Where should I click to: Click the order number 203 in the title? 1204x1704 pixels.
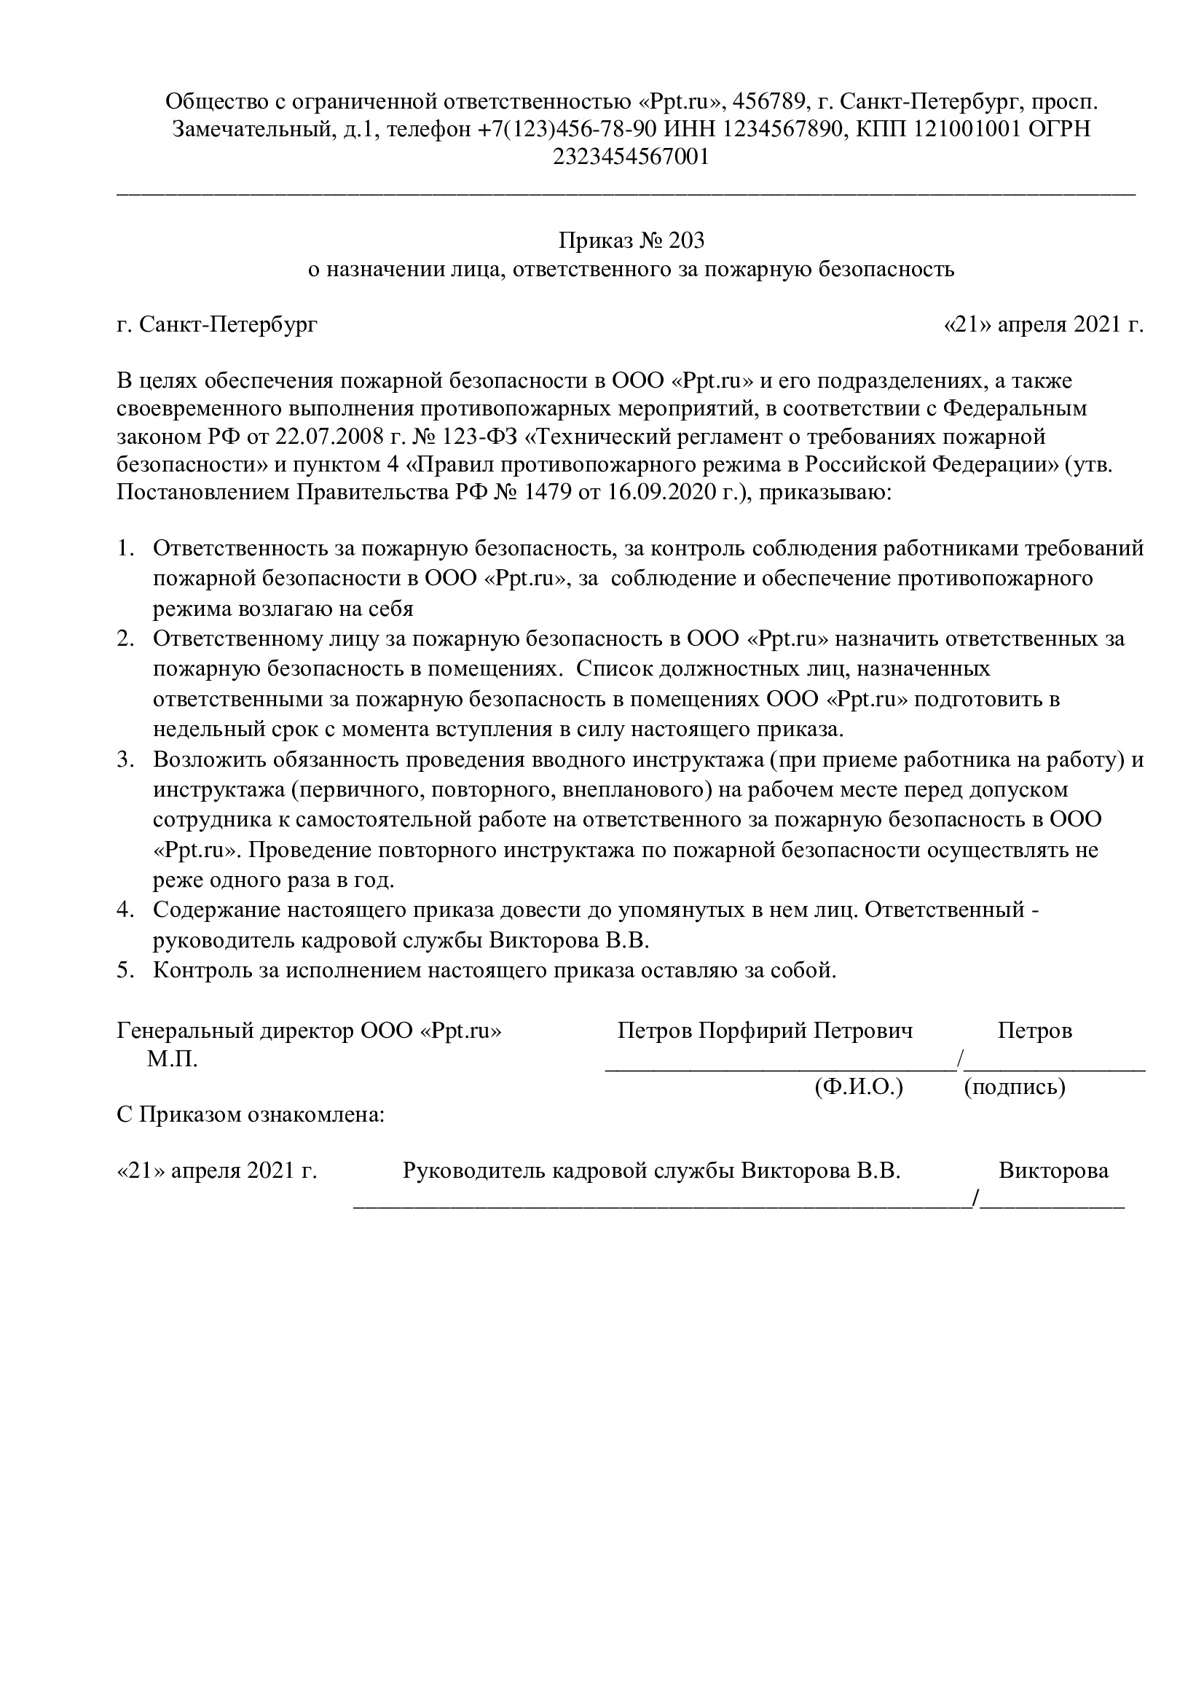[685, 241]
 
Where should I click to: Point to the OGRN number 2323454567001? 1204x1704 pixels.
[631, 157]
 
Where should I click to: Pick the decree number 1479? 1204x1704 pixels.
[549, 492]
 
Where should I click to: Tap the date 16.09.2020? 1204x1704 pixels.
[661, 492]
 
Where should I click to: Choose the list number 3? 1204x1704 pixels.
[125, 760]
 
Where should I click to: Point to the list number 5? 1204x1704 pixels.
[125, 970]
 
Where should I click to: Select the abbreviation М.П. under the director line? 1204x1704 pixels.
[172, 1059]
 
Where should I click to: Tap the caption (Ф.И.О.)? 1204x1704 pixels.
[858, 1087]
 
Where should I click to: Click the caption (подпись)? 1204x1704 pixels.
[1014, 1087]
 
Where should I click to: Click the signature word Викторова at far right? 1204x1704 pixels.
[1053, 1170]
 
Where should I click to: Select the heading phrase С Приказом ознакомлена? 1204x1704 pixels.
[251, 1114]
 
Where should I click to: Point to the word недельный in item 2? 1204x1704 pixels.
[204, 729]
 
